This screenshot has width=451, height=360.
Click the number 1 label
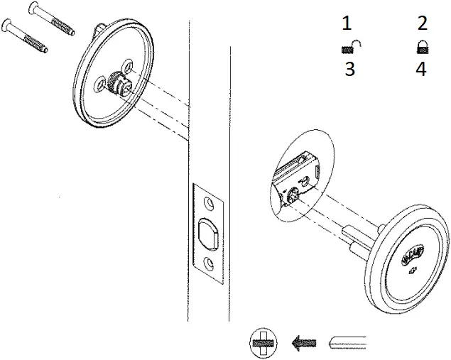coord(347,23)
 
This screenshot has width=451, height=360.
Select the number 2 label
coord(423,23)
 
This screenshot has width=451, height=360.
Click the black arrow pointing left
coord(303,344)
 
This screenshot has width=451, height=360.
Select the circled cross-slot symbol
coord(261,344)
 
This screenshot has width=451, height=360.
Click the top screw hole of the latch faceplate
coord(210,204)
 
